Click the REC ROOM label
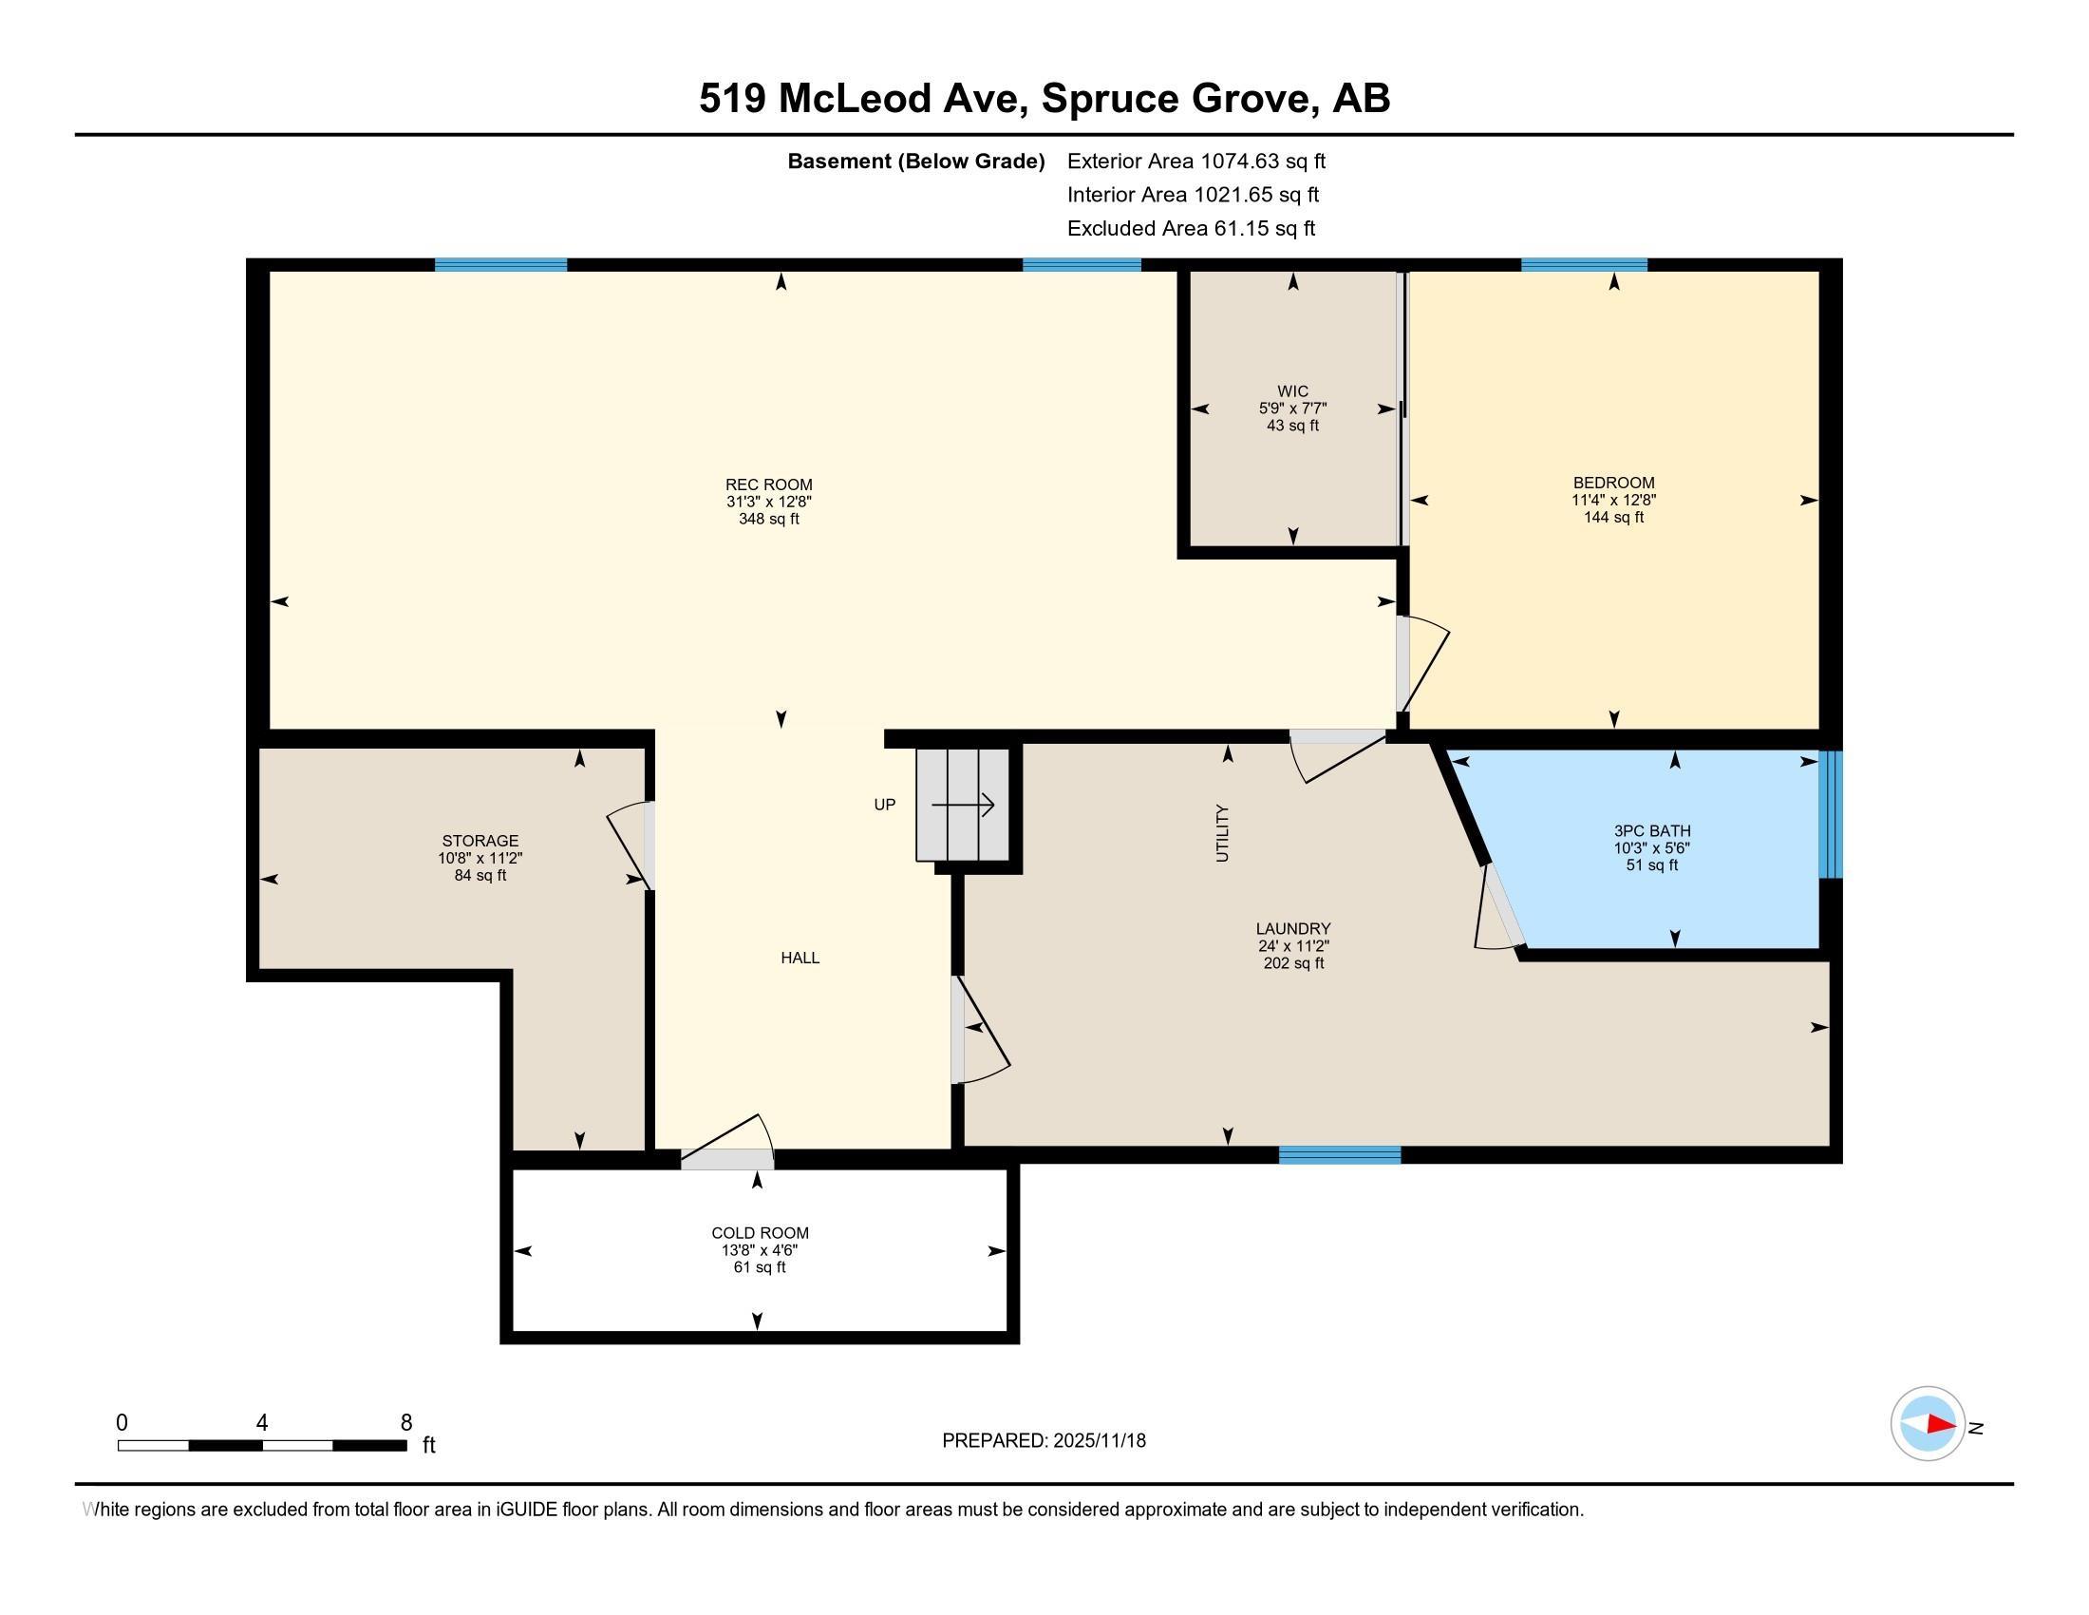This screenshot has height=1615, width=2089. pos(768,485)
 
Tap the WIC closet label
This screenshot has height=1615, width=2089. pos(1292,391)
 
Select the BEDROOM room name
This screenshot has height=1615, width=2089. pos(1613,484)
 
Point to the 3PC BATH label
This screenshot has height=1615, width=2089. pos(1652,831)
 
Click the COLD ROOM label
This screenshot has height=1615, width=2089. pos(760,1233)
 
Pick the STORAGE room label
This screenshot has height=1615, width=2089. pos(480,841)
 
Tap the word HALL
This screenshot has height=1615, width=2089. pos(800,958)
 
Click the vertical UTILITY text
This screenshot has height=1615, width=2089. pos(1221,833)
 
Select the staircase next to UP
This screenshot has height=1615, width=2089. pos(962,805)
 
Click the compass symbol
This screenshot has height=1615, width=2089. pos(1928,1424)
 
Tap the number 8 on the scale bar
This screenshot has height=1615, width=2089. pos(406,1423)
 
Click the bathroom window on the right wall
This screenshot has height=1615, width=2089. pos(1830,814)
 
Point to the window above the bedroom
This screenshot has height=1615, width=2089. pos(1584,265)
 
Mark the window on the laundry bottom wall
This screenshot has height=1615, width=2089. pos(1340,1155)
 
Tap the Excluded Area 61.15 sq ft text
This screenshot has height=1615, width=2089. pos(1191,229)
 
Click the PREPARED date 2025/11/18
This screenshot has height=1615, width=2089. pos(1098,1441)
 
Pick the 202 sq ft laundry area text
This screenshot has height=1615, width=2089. pos(1293,963)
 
